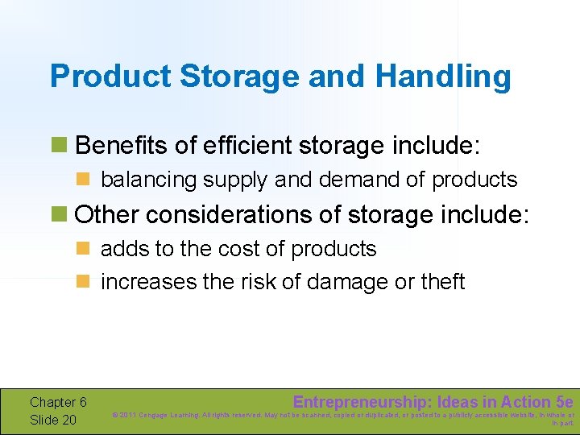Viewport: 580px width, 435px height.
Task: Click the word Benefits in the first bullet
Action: click(x=121, y=146)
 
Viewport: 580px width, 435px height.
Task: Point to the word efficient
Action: click(x=246, y=146)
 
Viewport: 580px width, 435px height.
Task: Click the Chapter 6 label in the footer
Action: click(x=58, y=402)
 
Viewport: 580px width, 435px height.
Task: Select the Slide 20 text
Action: click(x=52, y=420)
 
